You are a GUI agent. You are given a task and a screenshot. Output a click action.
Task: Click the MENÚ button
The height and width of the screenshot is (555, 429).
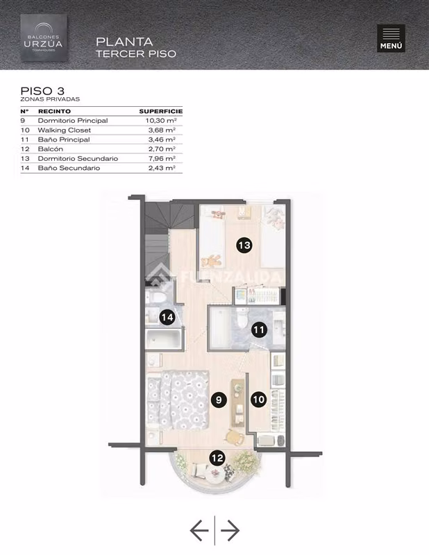pos(391,38)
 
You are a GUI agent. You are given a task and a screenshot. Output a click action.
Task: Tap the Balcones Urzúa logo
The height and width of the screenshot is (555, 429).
pos(44,38)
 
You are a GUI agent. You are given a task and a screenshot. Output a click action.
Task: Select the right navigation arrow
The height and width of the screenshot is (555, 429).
pos(230,530)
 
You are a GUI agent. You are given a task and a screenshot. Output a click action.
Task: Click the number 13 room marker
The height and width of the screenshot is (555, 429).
pos(244,246)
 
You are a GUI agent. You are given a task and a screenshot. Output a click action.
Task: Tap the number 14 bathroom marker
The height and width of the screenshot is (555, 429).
pos(167,317)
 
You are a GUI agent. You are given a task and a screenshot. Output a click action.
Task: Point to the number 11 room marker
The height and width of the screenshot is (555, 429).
pos(259,330)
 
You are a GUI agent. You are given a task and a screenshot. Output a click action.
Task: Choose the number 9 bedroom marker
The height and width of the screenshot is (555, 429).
pos(219,400)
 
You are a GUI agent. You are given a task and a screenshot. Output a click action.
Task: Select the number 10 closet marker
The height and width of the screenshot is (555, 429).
pos(259,400)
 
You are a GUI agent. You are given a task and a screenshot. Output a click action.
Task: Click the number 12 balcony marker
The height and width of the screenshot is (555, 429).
pos(217,458)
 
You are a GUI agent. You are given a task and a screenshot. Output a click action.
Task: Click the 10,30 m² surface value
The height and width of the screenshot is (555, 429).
pos(161,121)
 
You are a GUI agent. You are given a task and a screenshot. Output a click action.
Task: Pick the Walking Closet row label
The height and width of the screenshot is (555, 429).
pos(64,130)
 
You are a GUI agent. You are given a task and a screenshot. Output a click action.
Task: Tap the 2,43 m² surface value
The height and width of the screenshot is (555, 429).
pos(162,168)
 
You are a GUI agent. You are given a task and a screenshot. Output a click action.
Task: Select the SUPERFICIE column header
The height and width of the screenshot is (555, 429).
pos(161,111)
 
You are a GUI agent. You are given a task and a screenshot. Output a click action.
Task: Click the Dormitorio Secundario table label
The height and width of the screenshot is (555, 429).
pos(78,159)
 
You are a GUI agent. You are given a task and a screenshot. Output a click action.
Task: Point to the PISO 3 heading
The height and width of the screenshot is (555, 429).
pos(42,91)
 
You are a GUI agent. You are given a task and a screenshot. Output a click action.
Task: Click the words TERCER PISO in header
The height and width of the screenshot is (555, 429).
pos(136,54)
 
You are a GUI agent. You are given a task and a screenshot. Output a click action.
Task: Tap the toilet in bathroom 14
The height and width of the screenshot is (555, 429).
pos(157,297)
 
